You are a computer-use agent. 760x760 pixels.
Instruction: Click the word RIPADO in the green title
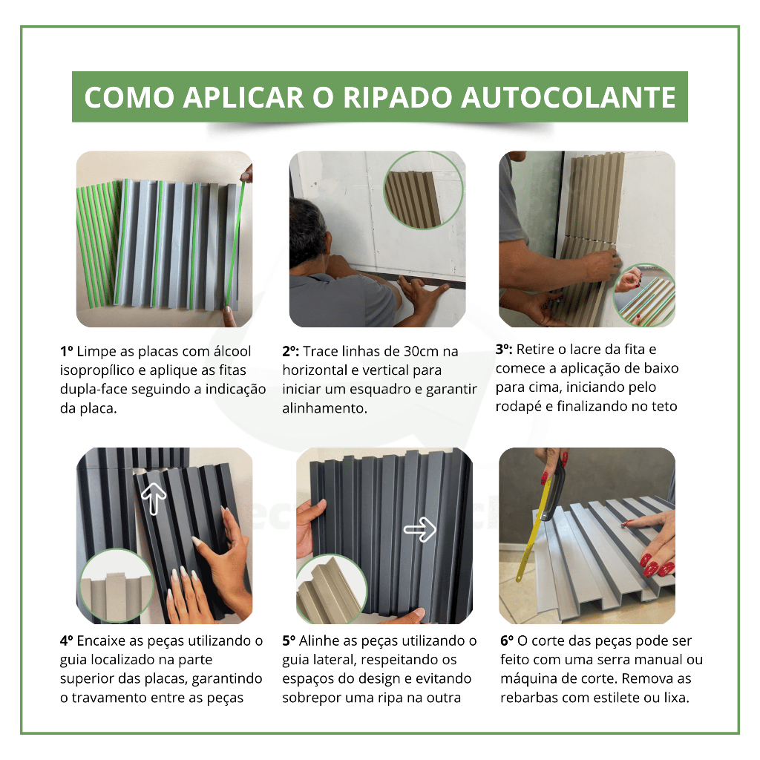pos(398,97)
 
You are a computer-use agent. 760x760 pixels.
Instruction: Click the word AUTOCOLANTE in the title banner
pos(568,97)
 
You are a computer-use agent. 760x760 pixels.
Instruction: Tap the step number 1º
pos(66,351)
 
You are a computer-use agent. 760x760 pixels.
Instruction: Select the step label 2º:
pos(291,351)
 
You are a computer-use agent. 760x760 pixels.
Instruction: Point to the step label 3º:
pos(504,349)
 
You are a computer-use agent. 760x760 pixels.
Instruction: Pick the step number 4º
pos(67,641)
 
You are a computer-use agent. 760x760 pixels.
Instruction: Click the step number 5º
pos(289,641)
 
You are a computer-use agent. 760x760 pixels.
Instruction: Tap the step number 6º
pos(507,641)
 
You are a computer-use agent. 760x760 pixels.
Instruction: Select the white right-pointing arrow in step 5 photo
pos(420,529)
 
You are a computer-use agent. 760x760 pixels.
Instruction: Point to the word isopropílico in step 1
pos(97,371)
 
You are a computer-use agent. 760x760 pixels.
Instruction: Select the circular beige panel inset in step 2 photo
pos(423,191)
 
